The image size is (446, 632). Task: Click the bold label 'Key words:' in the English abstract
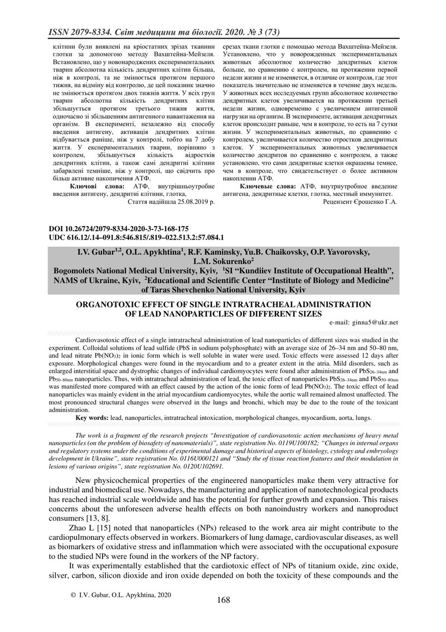click(92, 417)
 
